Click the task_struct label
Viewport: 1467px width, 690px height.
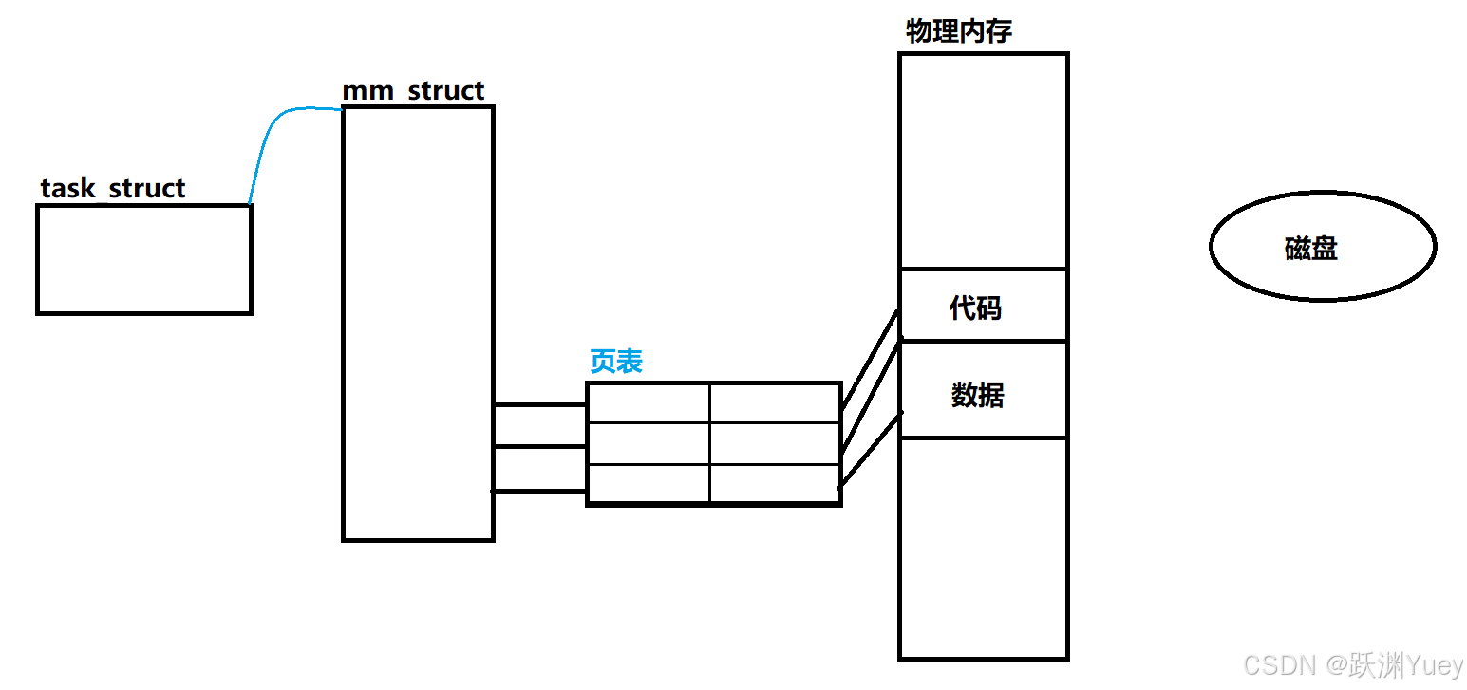tap(113, 188)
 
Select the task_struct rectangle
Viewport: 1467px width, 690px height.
tap(144, 259)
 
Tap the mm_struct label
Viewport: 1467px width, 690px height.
tap(413, 91)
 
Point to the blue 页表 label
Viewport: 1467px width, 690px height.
tap(616, 362)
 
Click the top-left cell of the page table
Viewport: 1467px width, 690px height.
tap(649, 403)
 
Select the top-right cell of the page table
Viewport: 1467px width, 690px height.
tap(775, 403)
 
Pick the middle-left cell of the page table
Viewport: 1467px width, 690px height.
tap(649, 444)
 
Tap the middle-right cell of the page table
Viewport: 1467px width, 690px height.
tap(775, 444)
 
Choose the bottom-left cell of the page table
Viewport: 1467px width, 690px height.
tap(649, 483)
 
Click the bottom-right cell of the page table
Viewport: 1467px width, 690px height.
tap(775, 483)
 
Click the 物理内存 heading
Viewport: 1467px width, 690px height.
tap(959, 31)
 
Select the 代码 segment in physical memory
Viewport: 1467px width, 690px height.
tap(983, 306)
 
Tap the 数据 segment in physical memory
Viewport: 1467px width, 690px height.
tap(983, 390)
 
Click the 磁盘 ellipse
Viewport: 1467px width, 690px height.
tap(1323, 248)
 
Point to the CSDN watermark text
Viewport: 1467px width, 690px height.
tap(1353, 666)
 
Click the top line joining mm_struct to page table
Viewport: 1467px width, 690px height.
tap(539, 405)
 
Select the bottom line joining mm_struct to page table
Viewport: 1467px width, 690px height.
tap(539, 491)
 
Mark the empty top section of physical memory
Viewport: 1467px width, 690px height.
tap(983, 161)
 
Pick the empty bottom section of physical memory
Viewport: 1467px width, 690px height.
tap(983, 548)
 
